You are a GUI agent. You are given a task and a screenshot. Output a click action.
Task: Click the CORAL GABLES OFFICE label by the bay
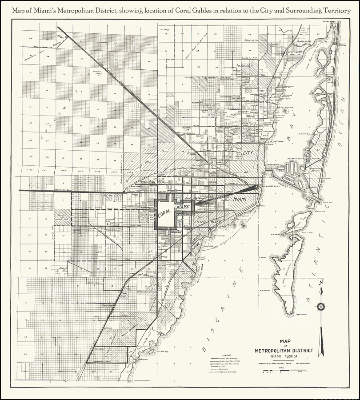pyautogui.click(x=271, y=186)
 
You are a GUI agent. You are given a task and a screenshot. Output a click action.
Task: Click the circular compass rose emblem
pyautogui.click(x=321, y=306)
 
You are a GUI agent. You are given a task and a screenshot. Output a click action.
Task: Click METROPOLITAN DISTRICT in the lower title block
pyautogui.click(x=284, y=350)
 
